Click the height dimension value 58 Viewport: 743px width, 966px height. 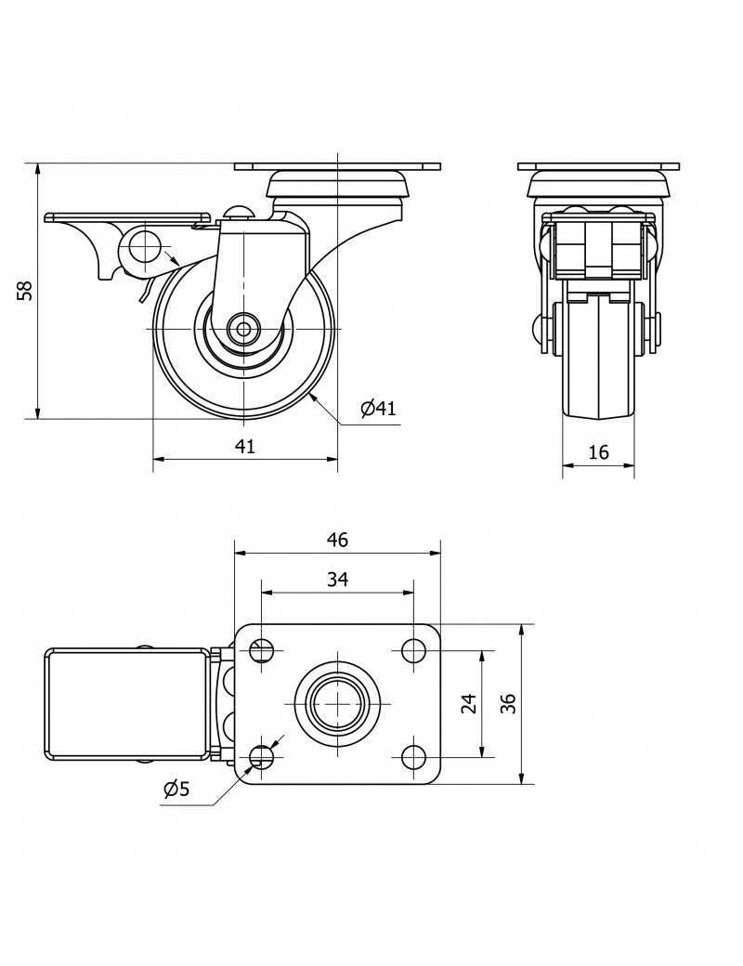point(26,291)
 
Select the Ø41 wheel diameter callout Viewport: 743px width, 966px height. point(378,408)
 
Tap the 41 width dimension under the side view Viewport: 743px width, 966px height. point(244,447)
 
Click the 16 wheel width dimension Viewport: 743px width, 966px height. point(599,452)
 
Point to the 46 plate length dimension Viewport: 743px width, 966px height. point(337,540)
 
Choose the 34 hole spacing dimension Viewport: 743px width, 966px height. point(337,580)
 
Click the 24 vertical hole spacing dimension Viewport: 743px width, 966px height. point(469,703)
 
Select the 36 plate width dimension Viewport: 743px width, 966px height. point(507,703)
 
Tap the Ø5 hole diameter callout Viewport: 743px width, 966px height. point(176,790)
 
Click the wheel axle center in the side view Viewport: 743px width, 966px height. point(243,328)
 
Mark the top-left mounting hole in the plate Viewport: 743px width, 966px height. point(262,650)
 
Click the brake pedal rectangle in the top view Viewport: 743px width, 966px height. point(125,703)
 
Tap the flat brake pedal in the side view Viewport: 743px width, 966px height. point(125,218)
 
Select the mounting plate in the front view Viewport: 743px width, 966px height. point(599,167)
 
